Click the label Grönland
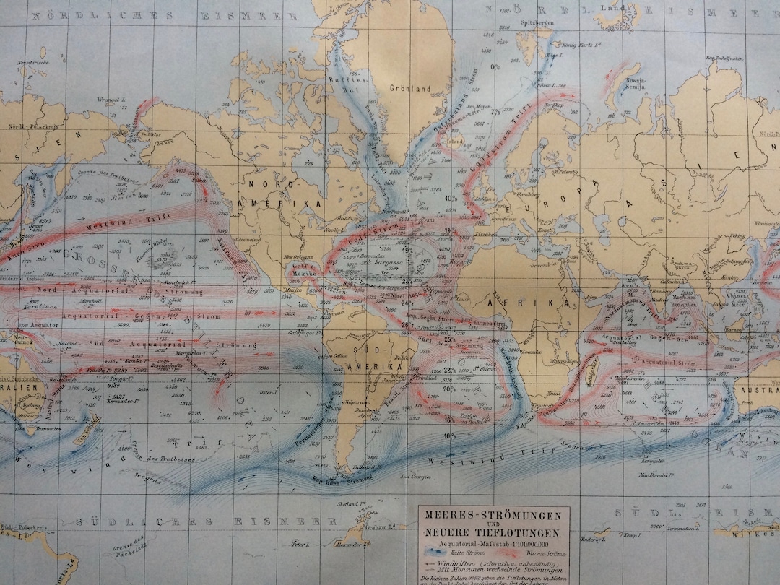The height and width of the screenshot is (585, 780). [x=409, y=89]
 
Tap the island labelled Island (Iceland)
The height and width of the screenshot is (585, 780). [x=454, y=142]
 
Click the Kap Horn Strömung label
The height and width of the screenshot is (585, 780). [x=343, y=477]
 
